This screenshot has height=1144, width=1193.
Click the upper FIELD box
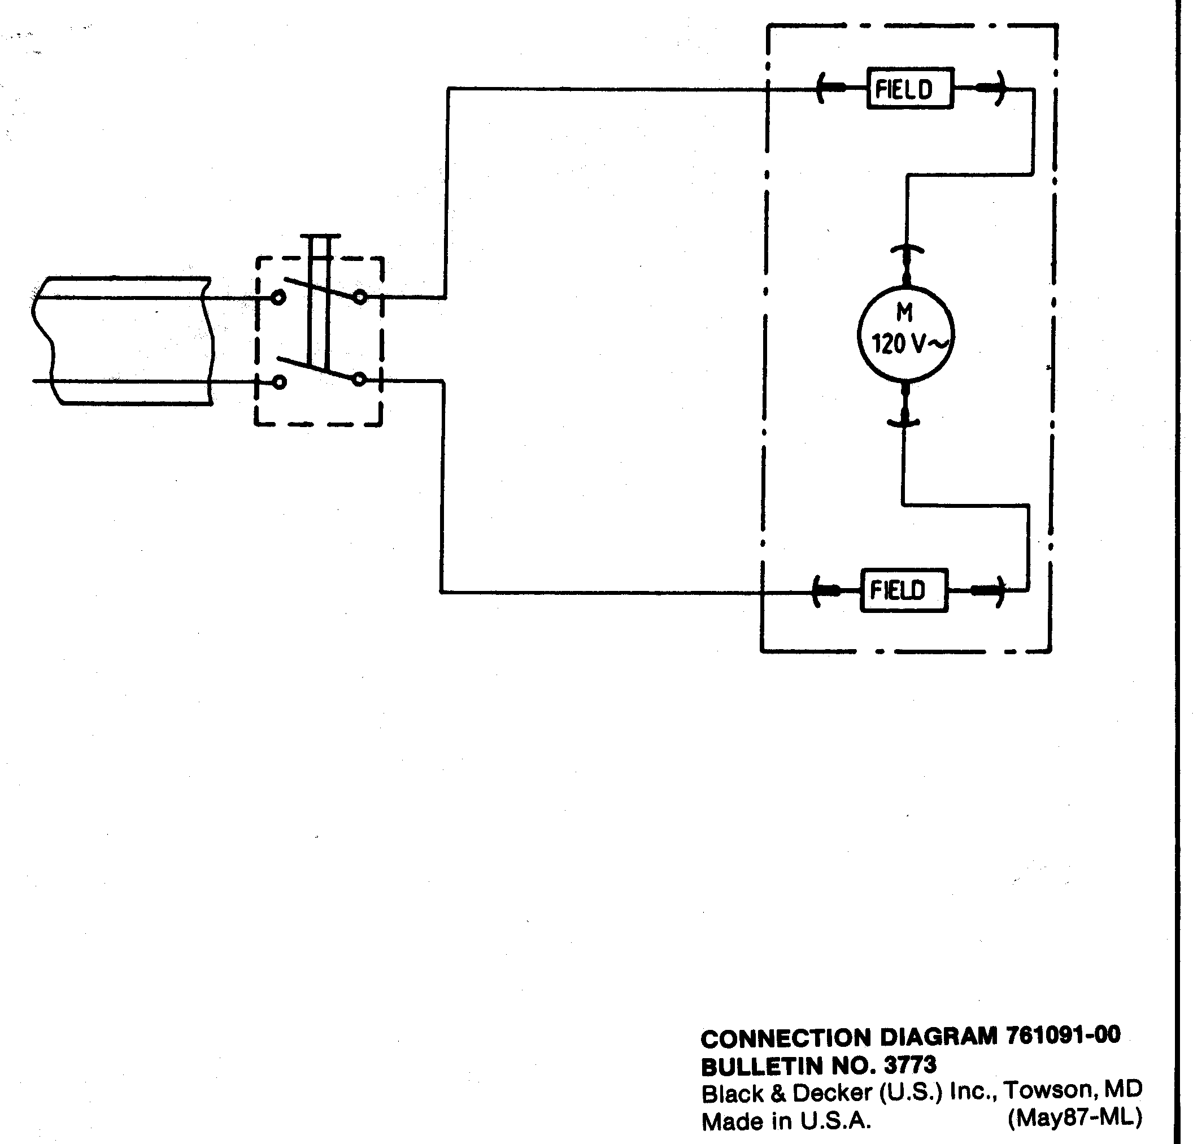tap(909, 89)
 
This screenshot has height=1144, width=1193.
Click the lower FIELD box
tap(904, 590)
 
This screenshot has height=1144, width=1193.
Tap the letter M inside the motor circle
tap(904, 313)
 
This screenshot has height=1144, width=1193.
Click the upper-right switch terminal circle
tap(360, 297)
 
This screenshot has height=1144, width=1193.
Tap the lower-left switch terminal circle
tap(279, 382)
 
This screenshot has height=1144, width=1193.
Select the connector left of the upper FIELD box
tap(829, 89)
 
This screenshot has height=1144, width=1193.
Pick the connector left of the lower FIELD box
tap(825, 590)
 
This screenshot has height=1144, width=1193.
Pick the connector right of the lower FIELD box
tap(988, 590)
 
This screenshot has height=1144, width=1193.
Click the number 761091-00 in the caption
tap(1063, 1036)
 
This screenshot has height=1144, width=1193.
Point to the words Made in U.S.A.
tap(786, 1121)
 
